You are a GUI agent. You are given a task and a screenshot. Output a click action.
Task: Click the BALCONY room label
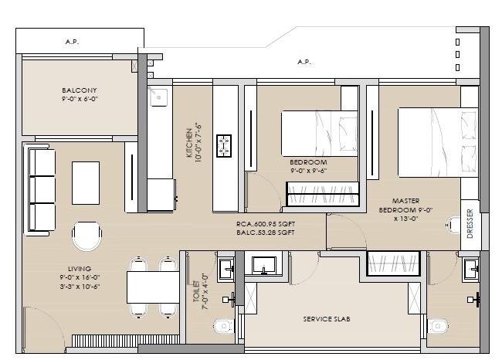80,90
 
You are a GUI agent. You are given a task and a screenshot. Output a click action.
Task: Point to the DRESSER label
470,222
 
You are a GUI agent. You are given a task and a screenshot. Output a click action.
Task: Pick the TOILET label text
197,287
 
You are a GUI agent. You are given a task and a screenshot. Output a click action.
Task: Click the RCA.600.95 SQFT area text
266,225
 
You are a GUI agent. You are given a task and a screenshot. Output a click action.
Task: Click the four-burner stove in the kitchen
226,144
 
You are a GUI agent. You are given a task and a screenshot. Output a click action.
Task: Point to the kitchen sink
159,97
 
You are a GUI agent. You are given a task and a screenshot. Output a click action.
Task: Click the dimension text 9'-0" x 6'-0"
80,100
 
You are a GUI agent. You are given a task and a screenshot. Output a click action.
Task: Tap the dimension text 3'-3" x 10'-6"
80,286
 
